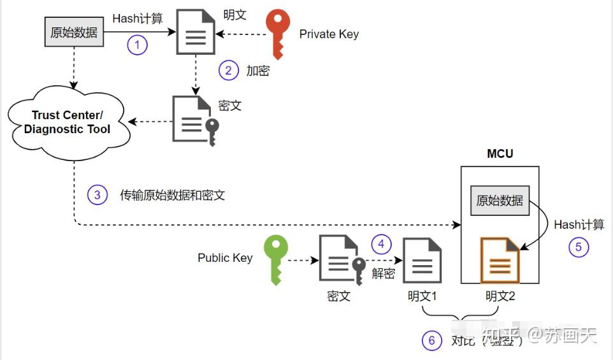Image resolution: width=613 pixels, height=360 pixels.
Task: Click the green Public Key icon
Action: pyautogui.click(x=276, y=259)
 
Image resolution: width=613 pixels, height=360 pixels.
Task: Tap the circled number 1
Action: pyautogui.click(x=137, y=45)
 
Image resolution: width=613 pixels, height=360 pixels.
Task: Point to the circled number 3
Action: pyautogui.click(x=97, y=195)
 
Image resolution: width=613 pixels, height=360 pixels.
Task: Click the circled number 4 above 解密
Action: pyautogui.click(x=381, y=244)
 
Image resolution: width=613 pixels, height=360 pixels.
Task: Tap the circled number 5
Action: pyautogui.click(x=579, y=247)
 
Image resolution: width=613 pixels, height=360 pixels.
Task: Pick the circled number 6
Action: pyautogui.click(x=431, y=340)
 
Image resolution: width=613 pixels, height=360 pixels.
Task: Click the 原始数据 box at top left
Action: pyautogui.click(x=74, y=32)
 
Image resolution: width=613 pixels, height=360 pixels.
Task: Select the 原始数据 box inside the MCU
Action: pyautogui.click(x=500, y=200)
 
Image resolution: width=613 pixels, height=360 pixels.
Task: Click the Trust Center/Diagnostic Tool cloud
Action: pyautogui.click(x=68, y=122)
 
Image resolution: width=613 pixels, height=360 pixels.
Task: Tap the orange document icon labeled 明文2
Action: pyautogui.click(x=500, y=260)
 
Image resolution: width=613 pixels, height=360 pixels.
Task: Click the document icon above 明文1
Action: pyautogui.click(x=422, y=261)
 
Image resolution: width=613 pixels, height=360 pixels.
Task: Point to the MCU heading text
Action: pyautogui.click(x=500, y=154)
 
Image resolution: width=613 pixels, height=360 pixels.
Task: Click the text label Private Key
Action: pyautogui.click(x=329, y=34)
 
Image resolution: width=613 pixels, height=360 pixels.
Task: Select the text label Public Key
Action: pyautogui.click(x=225, y=258)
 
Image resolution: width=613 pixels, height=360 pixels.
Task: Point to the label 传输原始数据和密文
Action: pyautogui.click(x=172, y=195)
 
